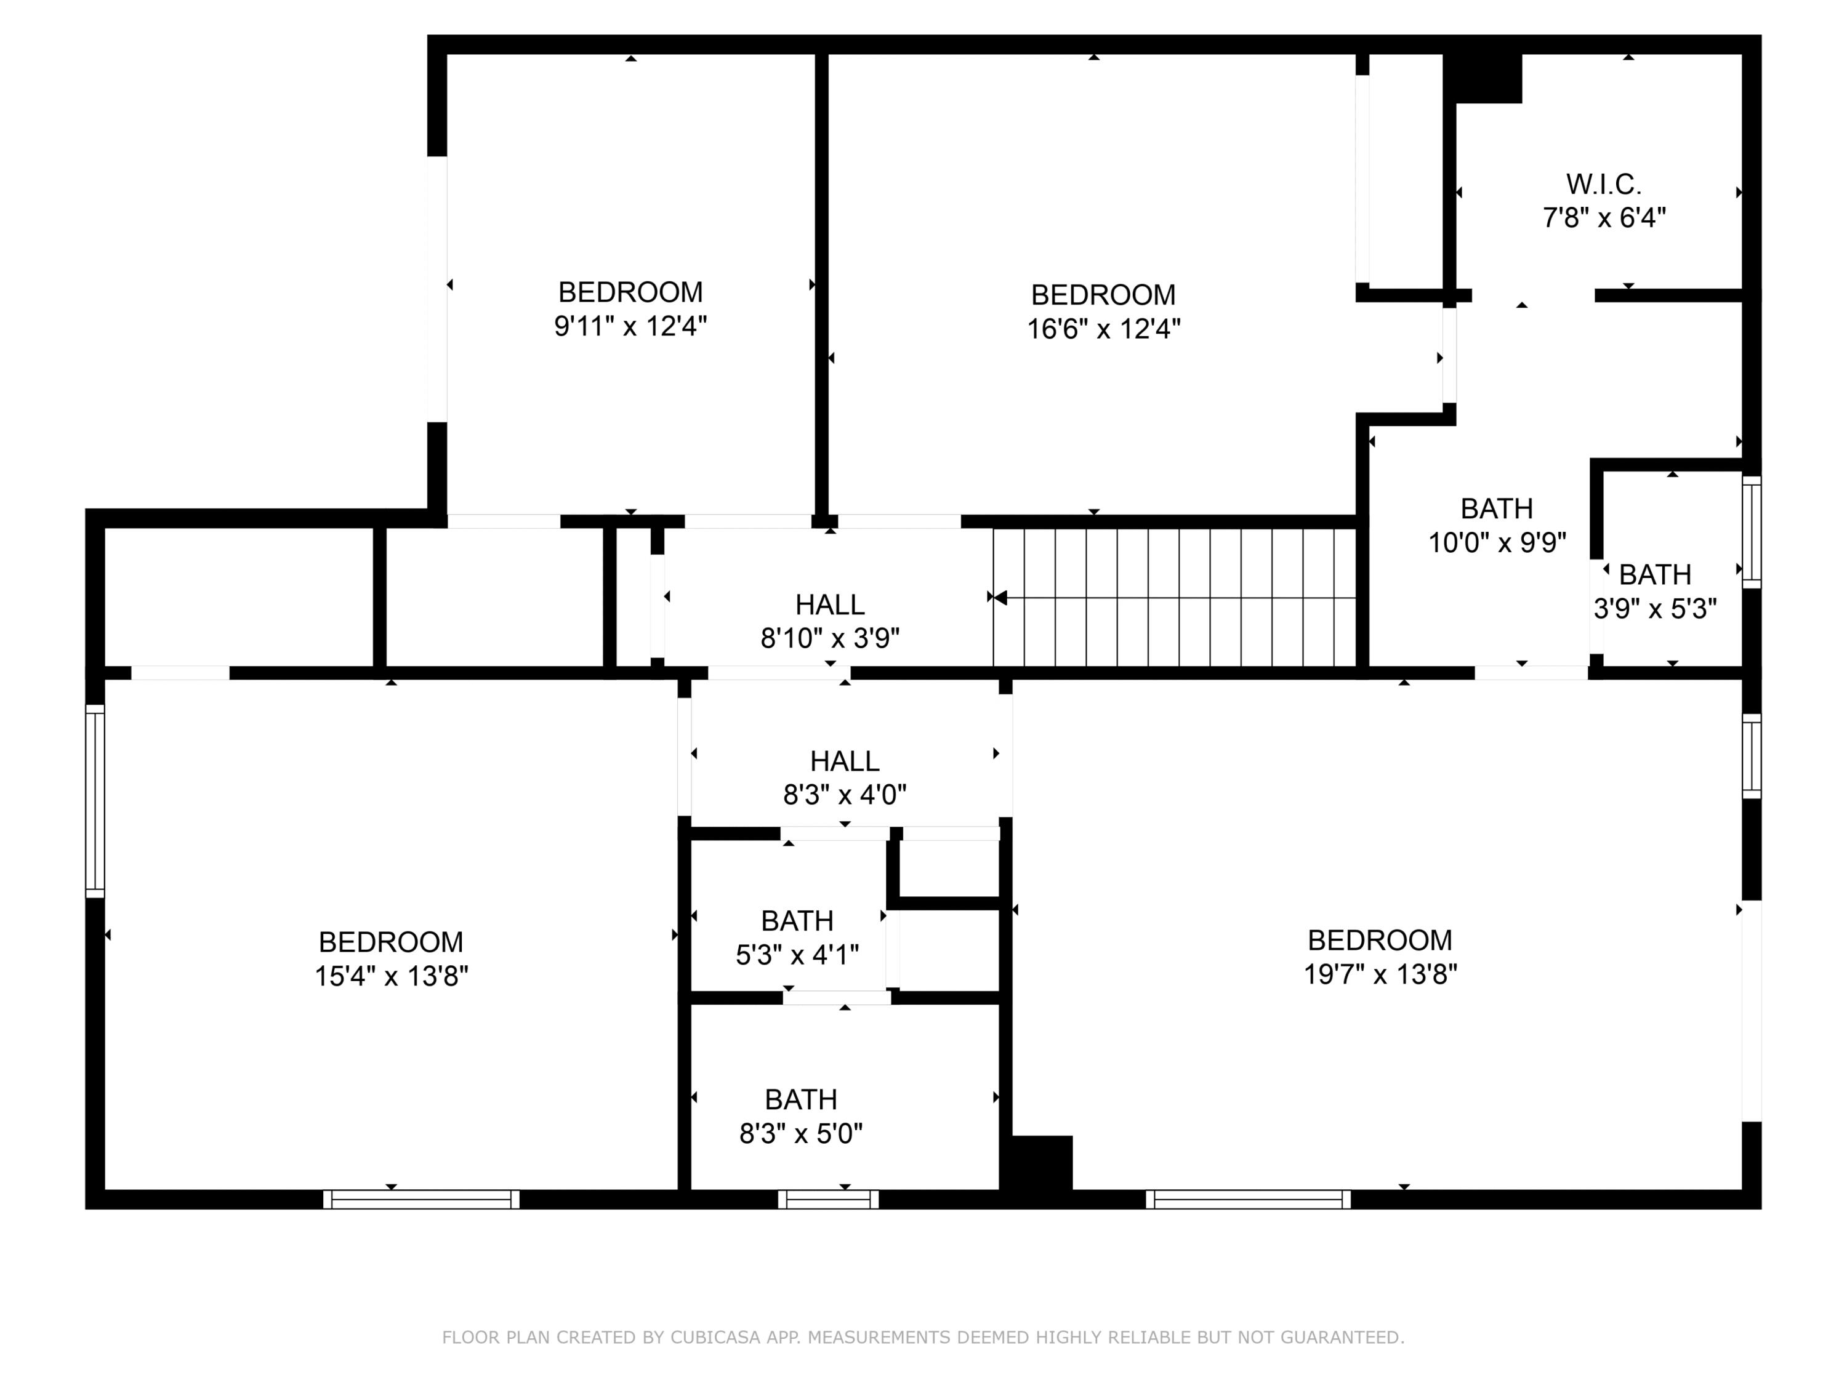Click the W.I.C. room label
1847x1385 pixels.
(1603, 183)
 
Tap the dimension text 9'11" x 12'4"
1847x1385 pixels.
(630, 326)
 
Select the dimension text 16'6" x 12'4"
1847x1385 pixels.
(1103, 329)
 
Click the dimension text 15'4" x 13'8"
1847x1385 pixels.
(391, 976)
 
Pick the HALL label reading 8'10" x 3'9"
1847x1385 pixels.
(829, 604)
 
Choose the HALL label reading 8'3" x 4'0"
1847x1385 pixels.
(844, 761)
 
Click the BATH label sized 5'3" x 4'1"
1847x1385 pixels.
(797, 921)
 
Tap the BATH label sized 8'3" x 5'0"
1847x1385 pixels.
(800, 1099)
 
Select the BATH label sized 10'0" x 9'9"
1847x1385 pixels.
(1496, 508)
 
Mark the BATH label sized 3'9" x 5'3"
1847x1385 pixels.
(1654, 575)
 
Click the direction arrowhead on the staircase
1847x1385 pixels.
(999, 598)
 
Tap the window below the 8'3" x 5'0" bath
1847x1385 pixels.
(827, 1200)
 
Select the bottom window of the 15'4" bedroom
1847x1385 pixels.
(421, 1200)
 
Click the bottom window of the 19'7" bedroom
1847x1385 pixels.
(1247, 1200)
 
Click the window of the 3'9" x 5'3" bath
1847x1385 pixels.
(1751, 532)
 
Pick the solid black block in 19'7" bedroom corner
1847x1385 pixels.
(1040, 1162)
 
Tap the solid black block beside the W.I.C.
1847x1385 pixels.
(1487, 78)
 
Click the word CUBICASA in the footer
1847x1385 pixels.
(715, 1338)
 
